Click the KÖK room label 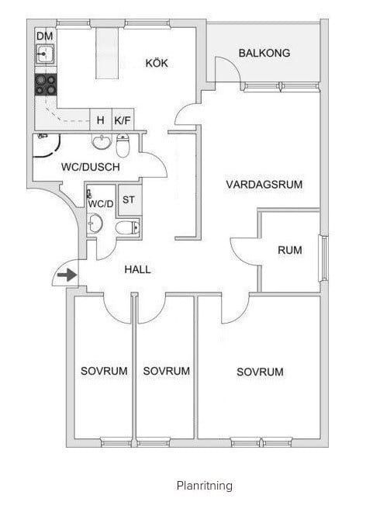(157, 63)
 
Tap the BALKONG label (264, 53)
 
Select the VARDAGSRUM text (264, 185)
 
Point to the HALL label (137, 269)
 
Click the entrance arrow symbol (67, 275)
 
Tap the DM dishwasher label (45, 36)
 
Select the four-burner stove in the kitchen (46, 85)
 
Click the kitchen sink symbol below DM (45, 54)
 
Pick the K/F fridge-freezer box (123, 119)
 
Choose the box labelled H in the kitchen (101, 119)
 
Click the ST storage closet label (129, 199)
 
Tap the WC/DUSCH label (91, 167)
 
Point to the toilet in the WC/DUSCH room (123, 145)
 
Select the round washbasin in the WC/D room (95, 223)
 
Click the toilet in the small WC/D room (127, 227)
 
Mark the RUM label (290, 250)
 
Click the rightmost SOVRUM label (260, 372)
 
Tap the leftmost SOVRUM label (104, 371)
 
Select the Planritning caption (205, 486)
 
